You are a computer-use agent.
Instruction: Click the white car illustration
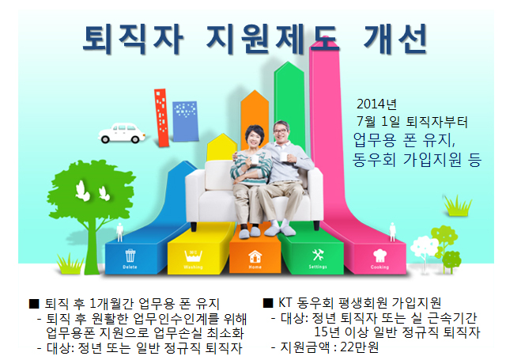121,133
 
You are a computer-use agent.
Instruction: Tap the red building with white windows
161,118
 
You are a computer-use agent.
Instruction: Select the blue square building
185,121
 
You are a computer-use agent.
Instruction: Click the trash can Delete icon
130,256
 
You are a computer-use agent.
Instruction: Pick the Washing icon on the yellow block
193,256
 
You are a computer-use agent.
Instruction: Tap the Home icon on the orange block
255,257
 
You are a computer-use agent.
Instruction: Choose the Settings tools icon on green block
318,255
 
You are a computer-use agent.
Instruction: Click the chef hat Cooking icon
379,256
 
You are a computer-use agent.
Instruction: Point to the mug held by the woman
254,160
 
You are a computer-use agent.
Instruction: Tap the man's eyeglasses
281,131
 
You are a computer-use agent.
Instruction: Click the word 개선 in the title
395,39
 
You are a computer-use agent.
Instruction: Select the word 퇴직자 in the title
133,39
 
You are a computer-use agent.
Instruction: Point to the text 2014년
376,104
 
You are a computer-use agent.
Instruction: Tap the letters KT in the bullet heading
285,303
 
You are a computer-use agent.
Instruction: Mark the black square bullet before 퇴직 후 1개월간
34,304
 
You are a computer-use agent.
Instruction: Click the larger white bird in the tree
82,191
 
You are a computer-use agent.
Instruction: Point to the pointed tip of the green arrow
289,62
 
